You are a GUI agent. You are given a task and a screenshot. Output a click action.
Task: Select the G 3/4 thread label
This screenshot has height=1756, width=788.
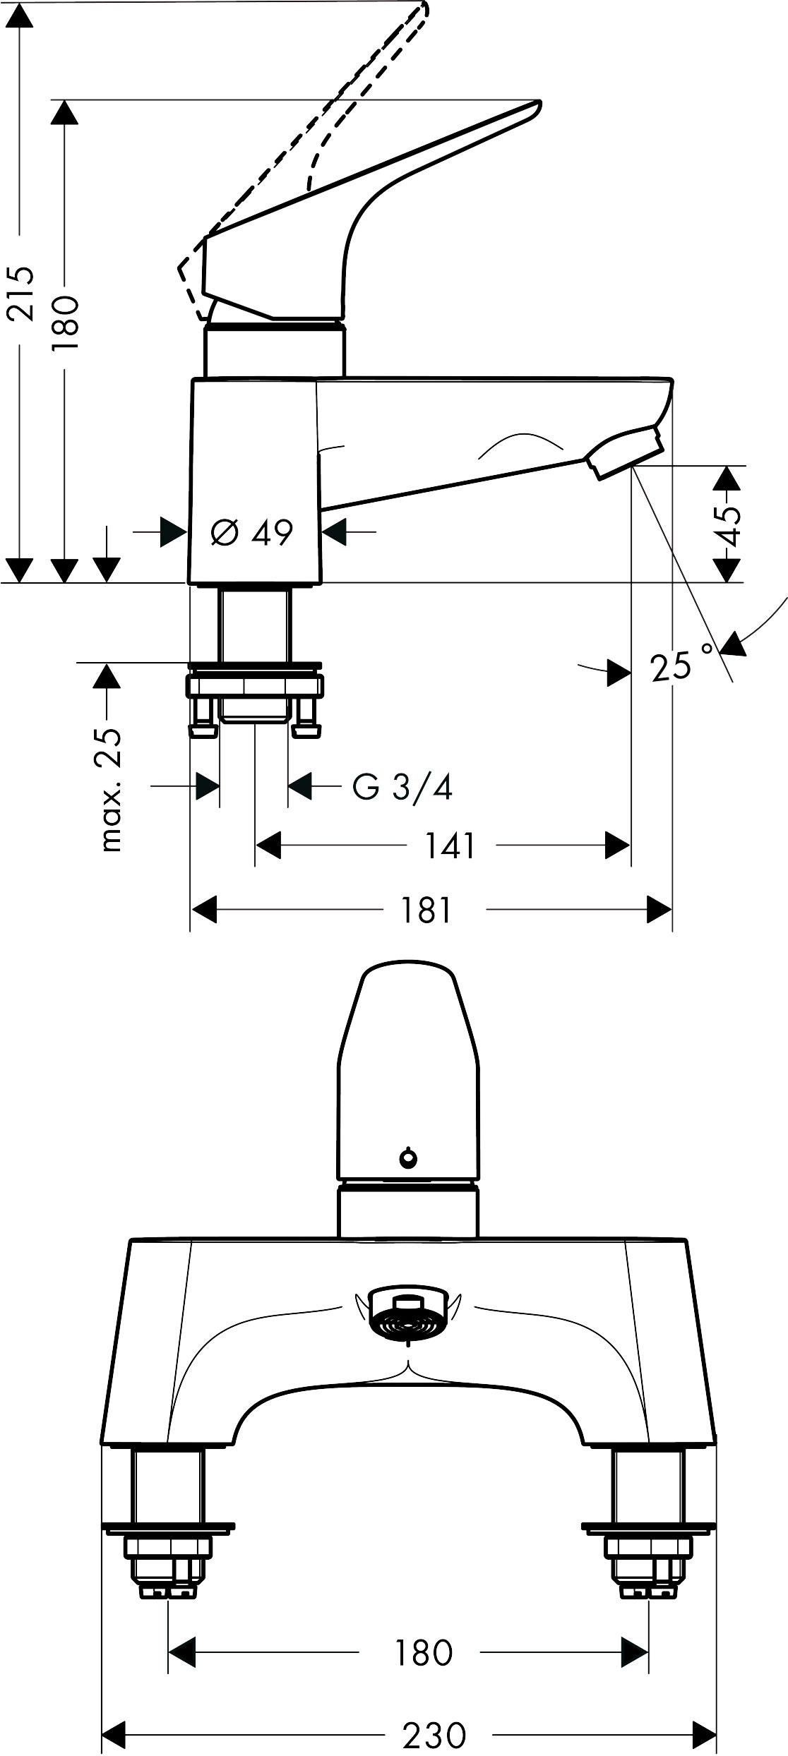pyautogui.click(x=402, y=786)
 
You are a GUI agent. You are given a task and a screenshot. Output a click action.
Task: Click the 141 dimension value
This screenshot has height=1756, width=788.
pyautogui.click(x=450, y=845)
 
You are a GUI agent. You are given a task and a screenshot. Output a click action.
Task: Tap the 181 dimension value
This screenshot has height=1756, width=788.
pyautogui.click(x=426, y=910)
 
